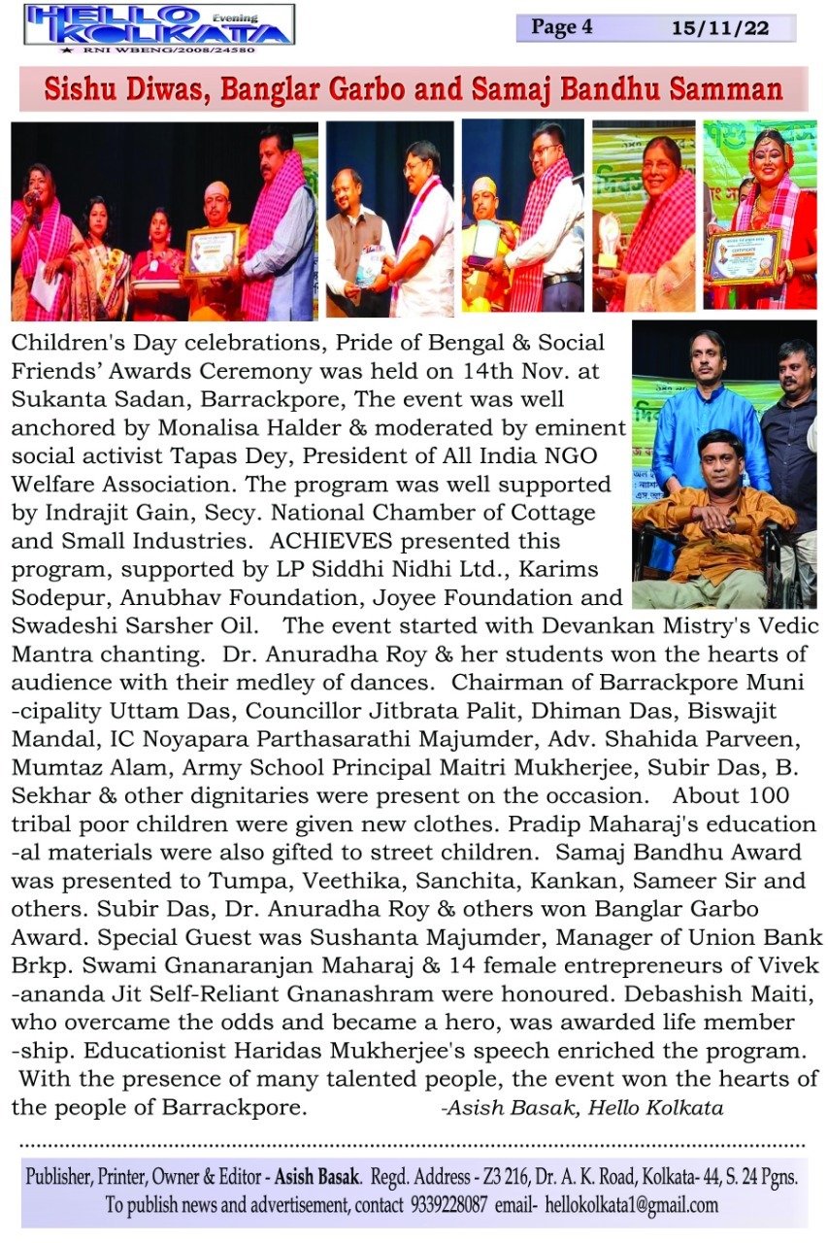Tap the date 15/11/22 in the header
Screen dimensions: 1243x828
click(x=719, y=28)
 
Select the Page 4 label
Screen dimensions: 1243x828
click(x=561, y=27)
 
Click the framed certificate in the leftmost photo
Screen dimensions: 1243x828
click(x=212, y=251)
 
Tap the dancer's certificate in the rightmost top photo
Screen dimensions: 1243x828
click(x=744, y=255)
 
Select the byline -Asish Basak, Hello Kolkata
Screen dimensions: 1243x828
click(x=581, y=1106)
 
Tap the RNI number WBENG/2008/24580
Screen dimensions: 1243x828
click(x=169, y=49)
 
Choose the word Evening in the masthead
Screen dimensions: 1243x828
click(x=235, y=17)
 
